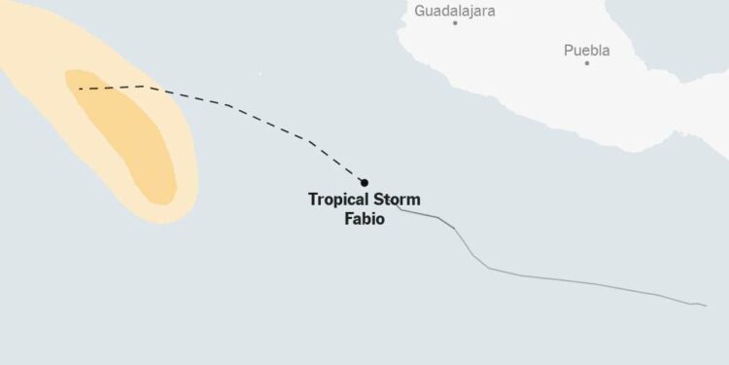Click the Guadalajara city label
454,11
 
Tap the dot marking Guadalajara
454,22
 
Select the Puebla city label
587,50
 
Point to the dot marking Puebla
587,62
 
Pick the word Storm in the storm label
398,200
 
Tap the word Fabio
364,219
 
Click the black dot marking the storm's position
364,182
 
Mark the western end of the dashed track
80,89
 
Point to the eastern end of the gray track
705,306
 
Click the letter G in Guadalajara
420,11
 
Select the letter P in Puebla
569,50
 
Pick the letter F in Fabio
348,219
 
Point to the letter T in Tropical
313,200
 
